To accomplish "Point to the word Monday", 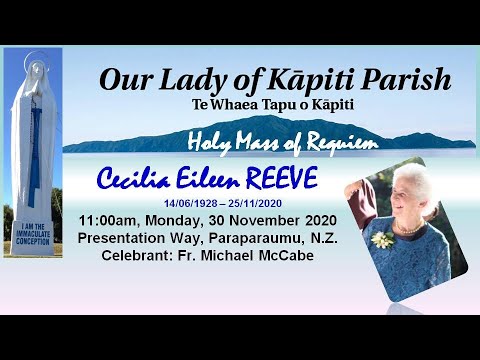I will click(x=183, y=221).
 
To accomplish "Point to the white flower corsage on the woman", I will click(x=381, y=240).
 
